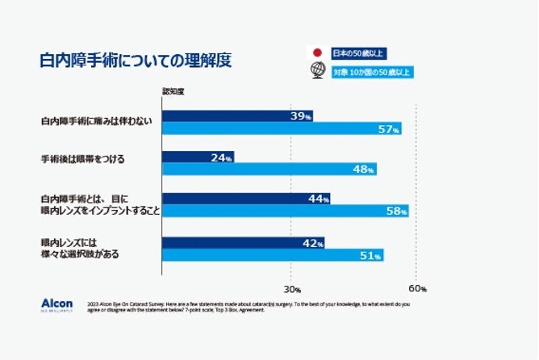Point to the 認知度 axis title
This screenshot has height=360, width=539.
tap(173, 91)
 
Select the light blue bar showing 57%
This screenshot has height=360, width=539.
tap(282, 128)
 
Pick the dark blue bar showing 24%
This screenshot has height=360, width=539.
tap(198, 157)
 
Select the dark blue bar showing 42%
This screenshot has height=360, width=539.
tap(243, 242)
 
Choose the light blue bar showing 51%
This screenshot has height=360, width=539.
tap(273, 255)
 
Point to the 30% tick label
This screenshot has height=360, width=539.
tap(292, 288)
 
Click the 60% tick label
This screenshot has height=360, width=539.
tap(417, 288)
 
